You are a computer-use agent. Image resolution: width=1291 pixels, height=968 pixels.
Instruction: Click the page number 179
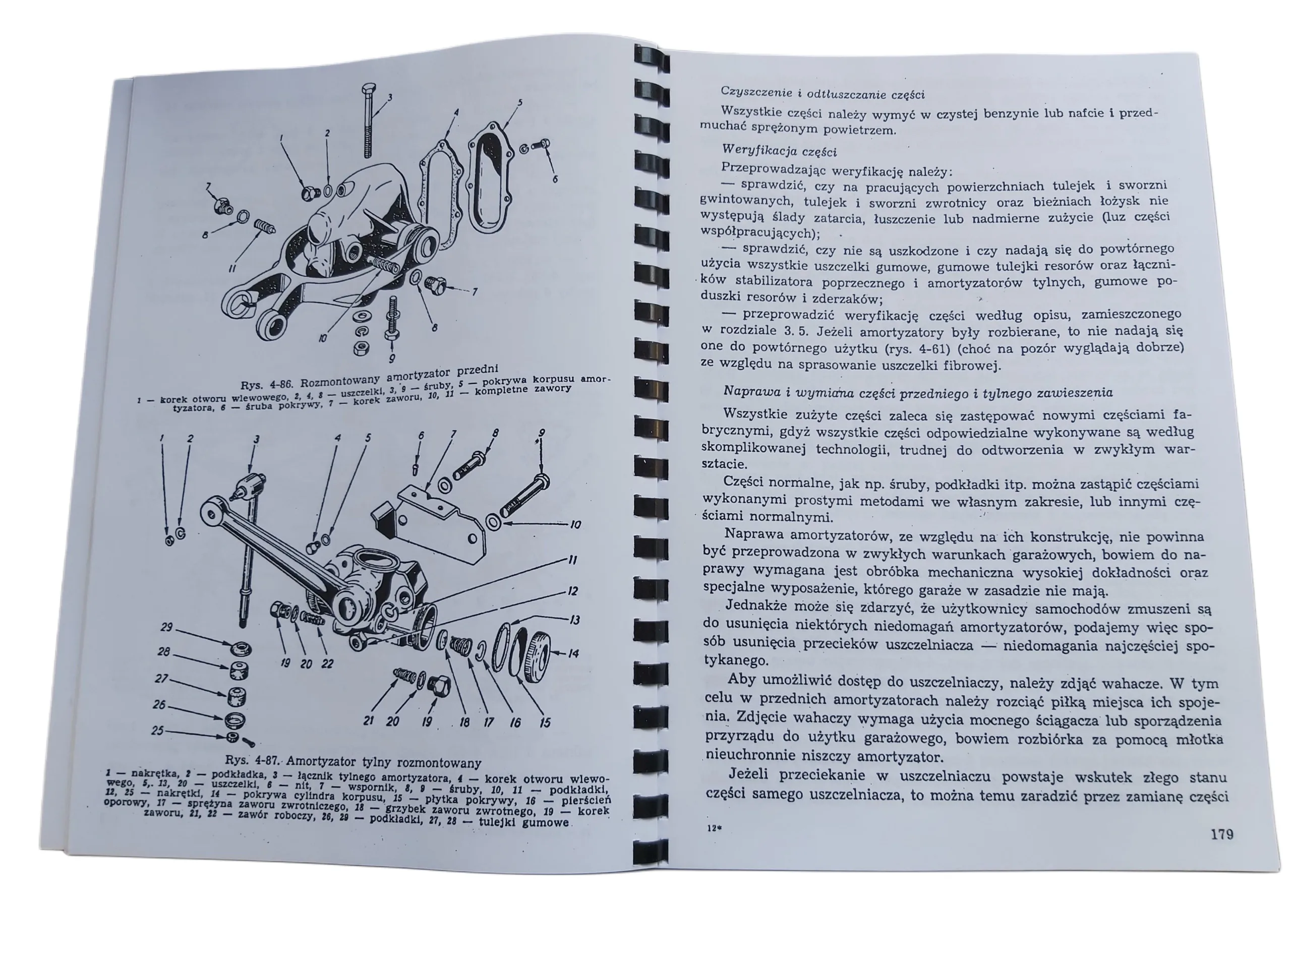1221,834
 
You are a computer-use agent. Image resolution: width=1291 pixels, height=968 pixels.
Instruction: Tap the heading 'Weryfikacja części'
779,152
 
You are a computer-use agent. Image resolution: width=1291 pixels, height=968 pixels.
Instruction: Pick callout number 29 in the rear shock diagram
166,627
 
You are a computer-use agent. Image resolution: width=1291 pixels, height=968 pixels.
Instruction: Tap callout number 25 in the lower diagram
157,731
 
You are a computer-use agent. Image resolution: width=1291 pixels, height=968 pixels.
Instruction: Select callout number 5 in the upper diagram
519,103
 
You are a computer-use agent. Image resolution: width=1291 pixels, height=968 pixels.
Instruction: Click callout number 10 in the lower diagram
575,524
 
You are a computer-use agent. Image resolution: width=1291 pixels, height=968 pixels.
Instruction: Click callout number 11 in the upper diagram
232,269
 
